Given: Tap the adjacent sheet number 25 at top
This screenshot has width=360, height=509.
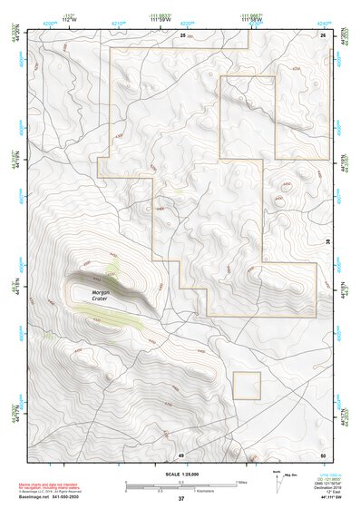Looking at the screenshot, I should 182,34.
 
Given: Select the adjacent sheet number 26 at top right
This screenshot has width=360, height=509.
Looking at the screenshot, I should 322,34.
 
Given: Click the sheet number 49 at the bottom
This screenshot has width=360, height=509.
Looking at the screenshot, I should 181,454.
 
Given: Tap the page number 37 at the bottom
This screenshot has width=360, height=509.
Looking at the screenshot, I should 181,499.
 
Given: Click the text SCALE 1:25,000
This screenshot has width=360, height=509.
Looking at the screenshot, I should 181,475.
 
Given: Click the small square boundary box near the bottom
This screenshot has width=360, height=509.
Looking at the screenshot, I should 247,386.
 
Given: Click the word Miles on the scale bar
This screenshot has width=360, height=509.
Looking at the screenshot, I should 242,482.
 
